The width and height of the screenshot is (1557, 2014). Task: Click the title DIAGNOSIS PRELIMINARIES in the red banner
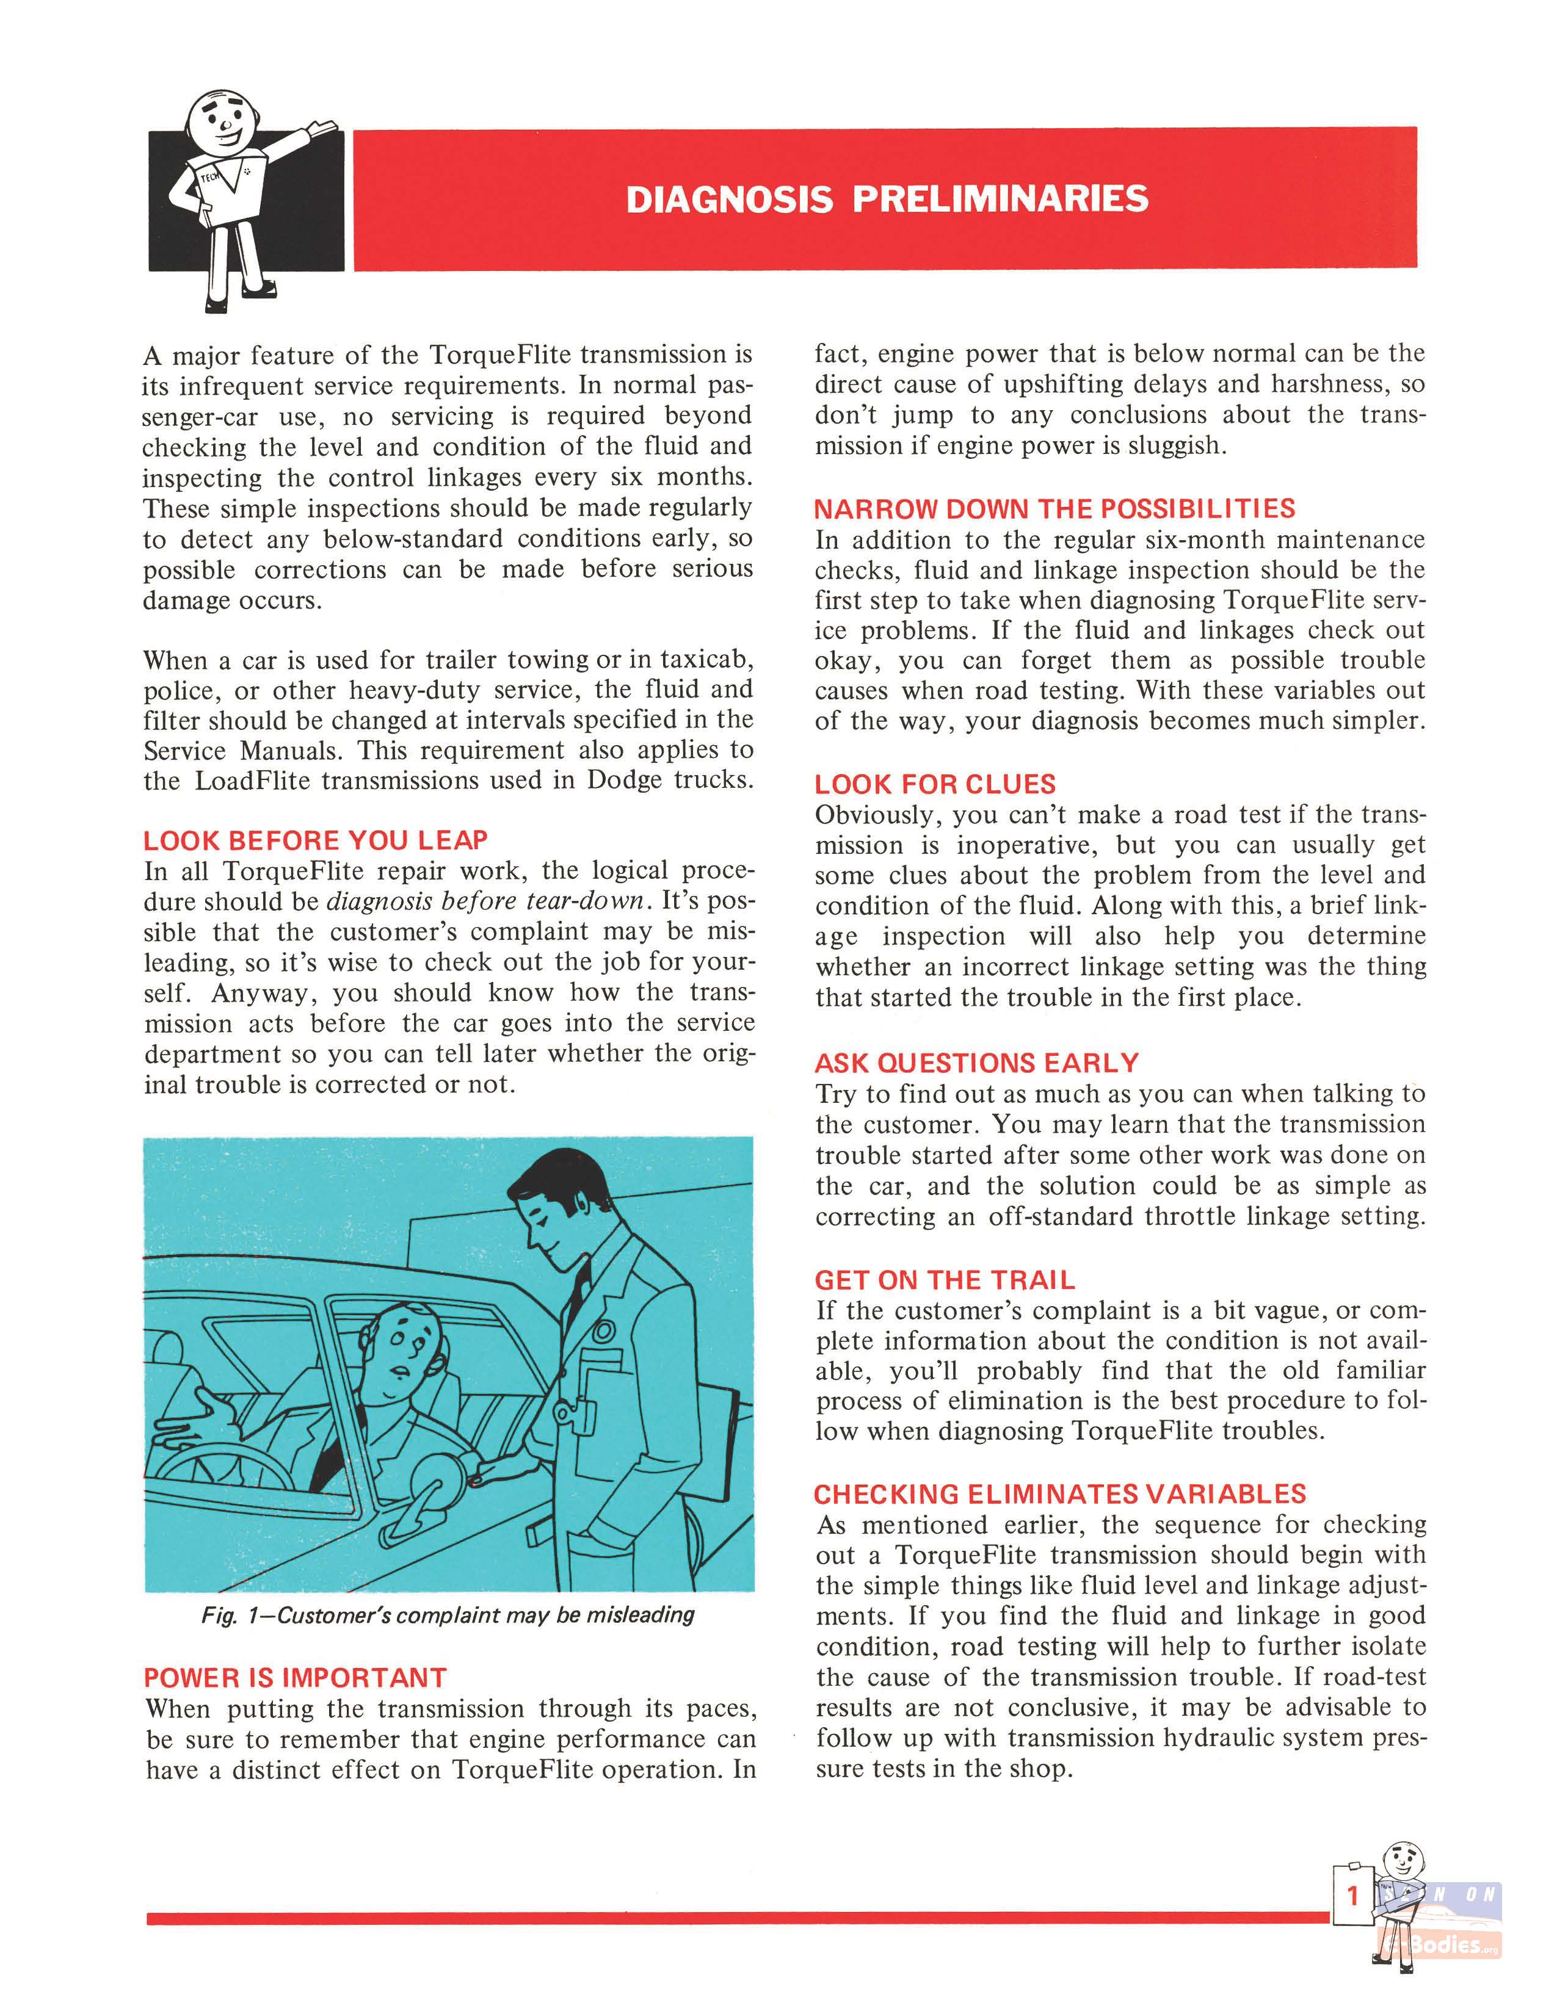(x=887, y=199)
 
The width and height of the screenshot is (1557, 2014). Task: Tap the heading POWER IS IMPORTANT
(x=295, y=1677)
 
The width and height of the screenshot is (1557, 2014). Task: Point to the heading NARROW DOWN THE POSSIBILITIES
(x=1054, y=508)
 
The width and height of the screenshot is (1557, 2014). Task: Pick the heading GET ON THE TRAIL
(x=945, y=1280)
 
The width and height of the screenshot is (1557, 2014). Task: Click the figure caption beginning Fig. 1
(x=448, y=1615)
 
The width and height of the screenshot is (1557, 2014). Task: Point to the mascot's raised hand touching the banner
(x=323, y=126)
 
